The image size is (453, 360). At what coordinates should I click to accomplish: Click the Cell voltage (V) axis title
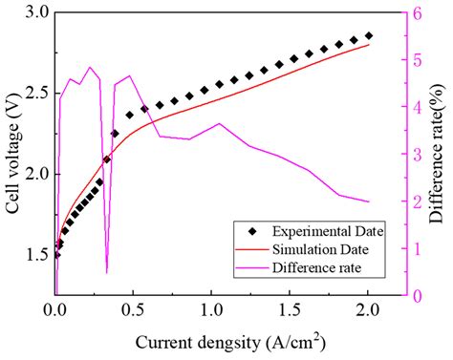pyautogui.click(x=12, y=153)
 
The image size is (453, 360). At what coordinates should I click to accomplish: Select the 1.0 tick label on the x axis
pyautogui.click(x=212, y=310)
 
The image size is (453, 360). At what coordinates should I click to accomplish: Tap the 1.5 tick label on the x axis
pyautogui.click(x=291, y=310)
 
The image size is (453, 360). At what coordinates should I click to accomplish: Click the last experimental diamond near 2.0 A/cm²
pyautogui.click(x=369, y=35)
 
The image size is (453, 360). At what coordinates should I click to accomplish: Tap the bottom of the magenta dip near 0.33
pyautogui.click(x=106, y=272)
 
